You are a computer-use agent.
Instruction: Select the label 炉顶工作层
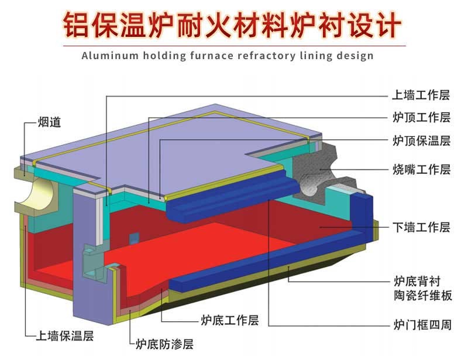pos(421,118)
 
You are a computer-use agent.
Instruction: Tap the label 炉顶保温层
pos(421,140)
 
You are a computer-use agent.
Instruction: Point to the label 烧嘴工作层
pos(421,169)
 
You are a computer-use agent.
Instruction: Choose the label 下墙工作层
pos(421,227)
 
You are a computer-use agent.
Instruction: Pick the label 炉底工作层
pos(229,320)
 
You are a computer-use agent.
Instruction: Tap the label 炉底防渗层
pos(164,344)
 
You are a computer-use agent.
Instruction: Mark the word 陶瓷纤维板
pos(421,296)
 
